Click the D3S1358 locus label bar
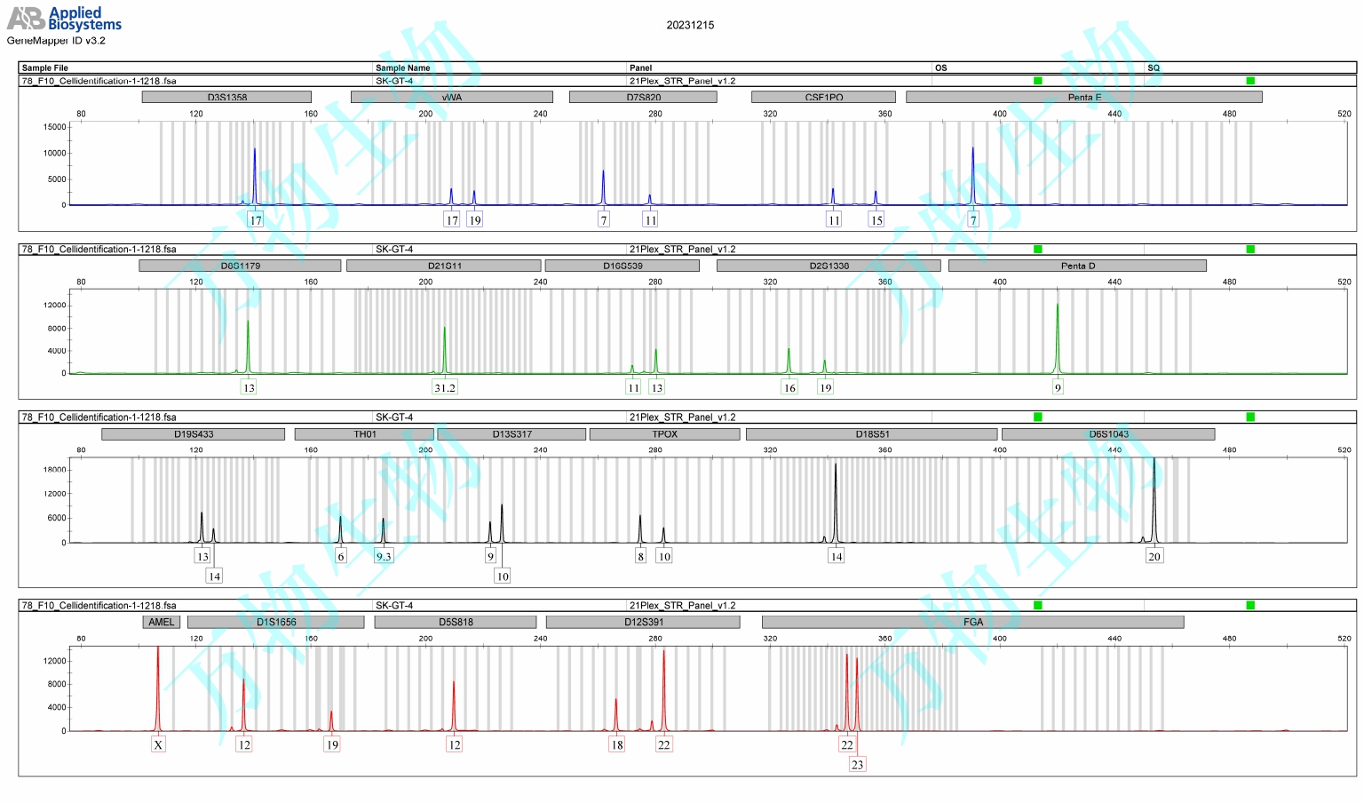click(x=226, y=97)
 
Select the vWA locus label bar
click(x=451, y=97)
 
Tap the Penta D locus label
click(x=1077, y=266)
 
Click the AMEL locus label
click(x=162, y=622)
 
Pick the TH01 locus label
click(x=364, y=434)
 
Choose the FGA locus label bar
click(x=972, y=622)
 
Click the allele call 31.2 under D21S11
click(x=445, y=387)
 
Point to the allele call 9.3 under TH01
click(x=384, y=556)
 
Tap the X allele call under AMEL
click(x=158, y=744)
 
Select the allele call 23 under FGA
click(x=857, y=764)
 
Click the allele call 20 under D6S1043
click(x=1154, y=556)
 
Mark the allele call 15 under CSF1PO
click(x=876, y=220)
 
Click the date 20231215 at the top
click(x=690, y=25)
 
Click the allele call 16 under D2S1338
click(x=789, y=387)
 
